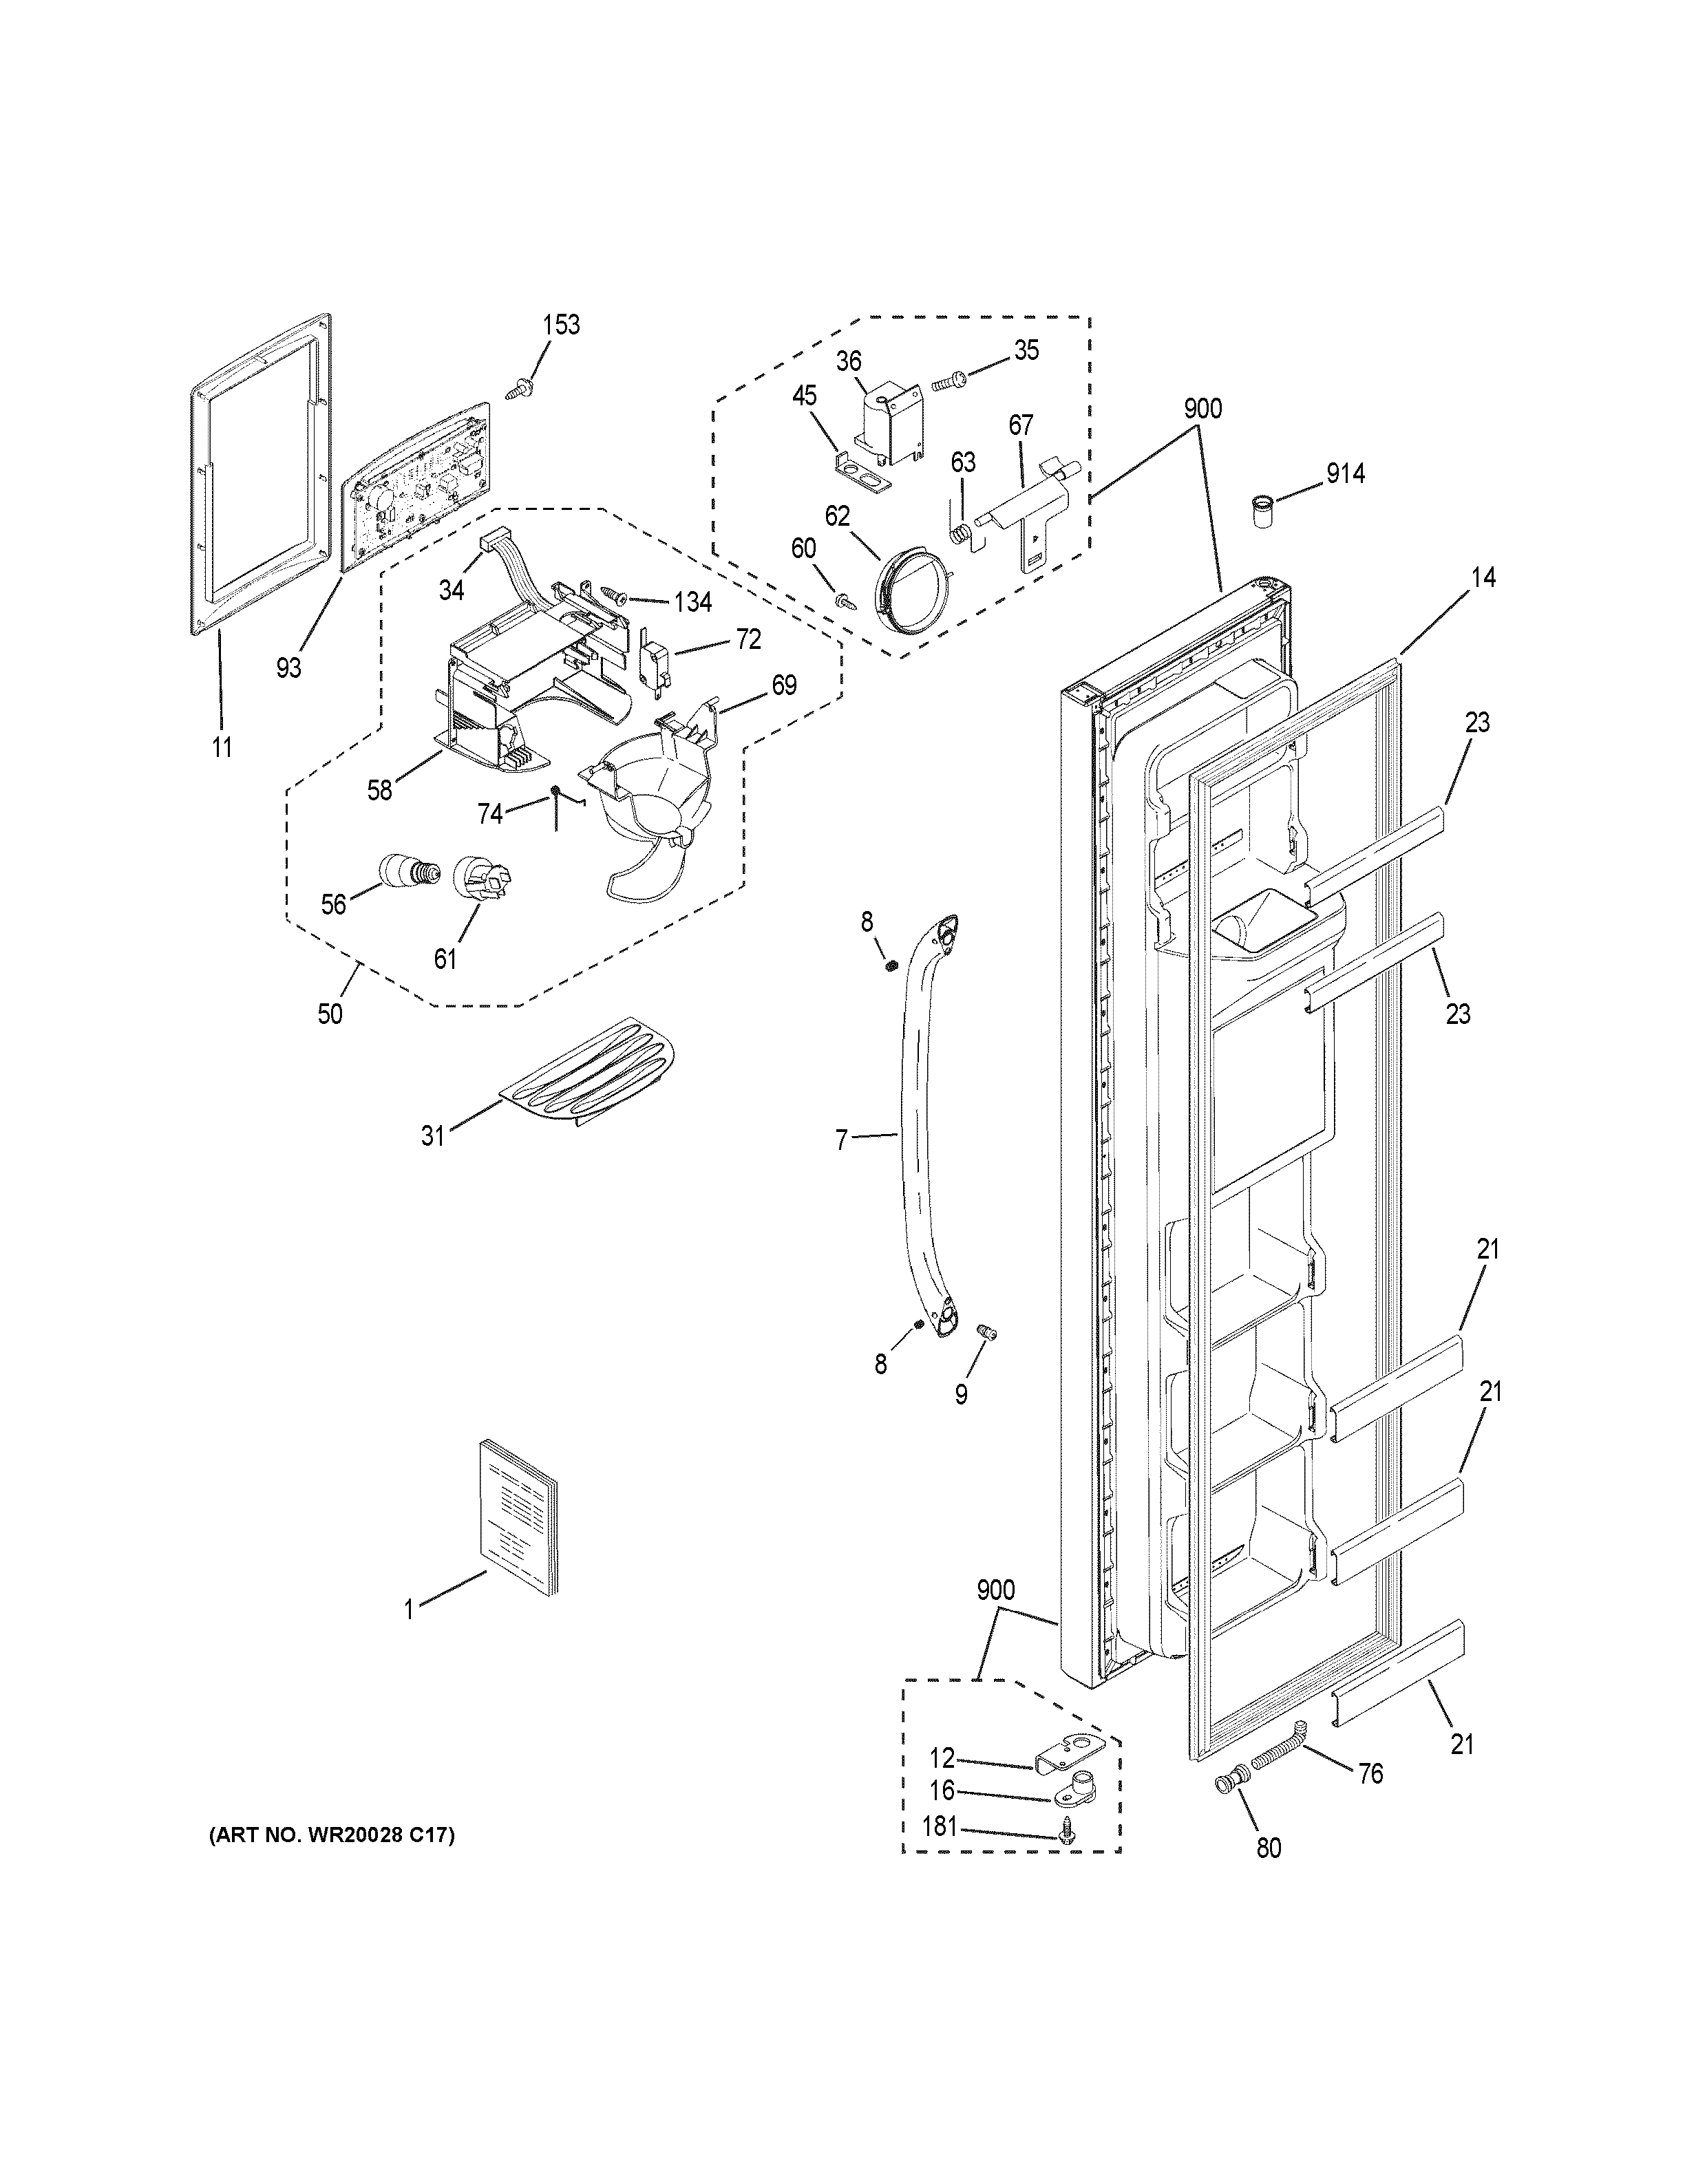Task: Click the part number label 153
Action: (561, 325)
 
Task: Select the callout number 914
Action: (1344, 473)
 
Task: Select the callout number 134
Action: (692, 602)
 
